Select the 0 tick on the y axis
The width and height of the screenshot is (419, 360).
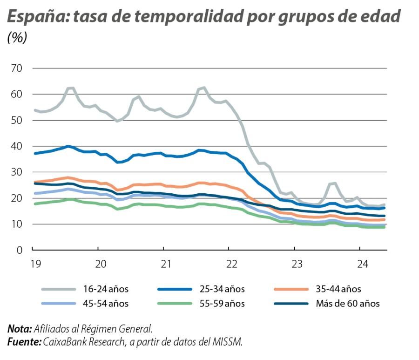(x=19, y=250)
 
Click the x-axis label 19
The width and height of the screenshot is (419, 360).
(x=33, y=264)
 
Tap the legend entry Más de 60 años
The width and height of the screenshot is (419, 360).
(x=347, y=304)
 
